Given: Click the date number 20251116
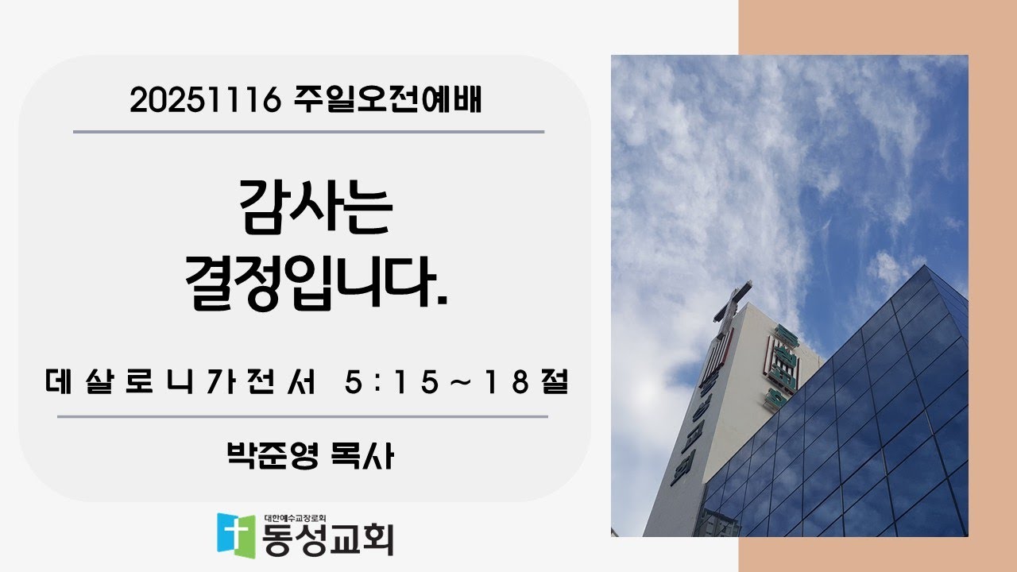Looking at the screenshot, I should pyautogui.click(x=205, y=100).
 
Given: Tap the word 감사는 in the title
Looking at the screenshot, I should pyautogui.click(x=315, y=208).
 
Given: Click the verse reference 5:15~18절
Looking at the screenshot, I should pyautogui.click(x=457, y=385).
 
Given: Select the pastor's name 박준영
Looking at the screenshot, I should pyautogui.click(x=271, y=456).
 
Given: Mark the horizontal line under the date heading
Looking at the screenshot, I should pyautogui.click(x=308, y=131).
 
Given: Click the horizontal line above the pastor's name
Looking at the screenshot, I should pyautogui.click(x=302, y=415).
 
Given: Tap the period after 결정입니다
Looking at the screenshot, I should pyautogui.click(x=442, y=302).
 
